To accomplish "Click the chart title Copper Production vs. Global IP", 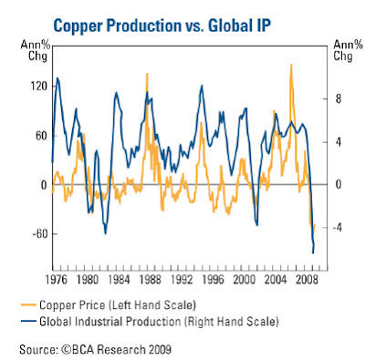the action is pyautogui.click(x=162, y=26).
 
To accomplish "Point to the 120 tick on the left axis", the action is pyautogui.click(x=38, y=87).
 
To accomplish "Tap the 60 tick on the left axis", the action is pyautogui.click(x=41, y=136).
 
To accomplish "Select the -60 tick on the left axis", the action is pyautogui.click(x=40, y=234).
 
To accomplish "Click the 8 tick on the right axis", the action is pyautogui.click(x=339, y=99).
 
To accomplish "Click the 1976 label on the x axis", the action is pyautogui.click(x=57, y=280).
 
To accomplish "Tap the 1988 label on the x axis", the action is pyautogui.click(x=151, y=280).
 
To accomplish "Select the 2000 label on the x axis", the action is pyautogui.click(x=244, y=280).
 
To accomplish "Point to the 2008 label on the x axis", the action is pyautogui.click(x=307, y=280).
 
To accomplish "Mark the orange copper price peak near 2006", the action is pyautogui.click(x=291, y=65).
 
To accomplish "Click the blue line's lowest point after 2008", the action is pyautogui.click(x=313, y=252).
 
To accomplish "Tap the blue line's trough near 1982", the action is pyautogui.click(x=106, y=233).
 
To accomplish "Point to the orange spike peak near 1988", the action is pyautogui.click(x=147, y=74).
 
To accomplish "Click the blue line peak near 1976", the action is pyautogui.click(x=57, y=78).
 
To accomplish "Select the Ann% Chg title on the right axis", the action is pyautogui.click(x=349, y=50).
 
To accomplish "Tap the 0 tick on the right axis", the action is pyautogui.click(x=339, y=185).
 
